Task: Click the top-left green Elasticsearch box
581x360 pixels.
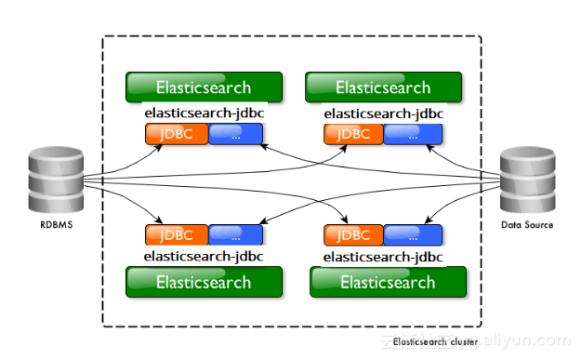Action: coord(204,87)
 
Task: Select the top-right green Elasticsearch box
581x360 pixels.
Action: coord(384,87)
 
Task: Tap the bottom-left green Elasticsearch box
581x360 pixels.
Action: coord(204,282)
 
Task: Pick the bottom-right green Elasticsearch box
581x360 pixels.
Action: coord(387,282)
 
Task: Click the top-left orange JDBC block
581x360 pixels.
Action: coord(177,134)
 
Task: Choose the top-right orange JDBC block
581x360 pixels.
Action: coord(354,134)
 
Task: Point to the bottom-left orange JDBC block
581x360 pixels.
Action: coord(177,233)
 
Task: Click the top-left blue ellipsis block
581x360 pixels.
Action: coord(235,134)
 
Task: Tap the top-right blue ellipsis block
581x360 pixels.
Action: coord(415,134)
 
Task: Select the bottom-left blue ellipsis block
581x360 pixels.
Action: coord(235,233)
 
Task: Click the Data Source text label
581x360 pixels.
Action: coord(527,225)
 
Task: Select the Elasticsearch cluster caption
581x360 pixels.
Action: coord(434,342)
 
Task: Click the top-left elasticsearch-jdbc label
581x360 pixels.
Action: coord(204,113)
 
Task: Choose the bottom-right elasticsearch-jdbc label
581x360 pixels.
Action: coord(384,255)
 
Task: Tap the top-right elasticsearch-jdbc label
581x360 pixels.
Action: coord(384,113)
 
